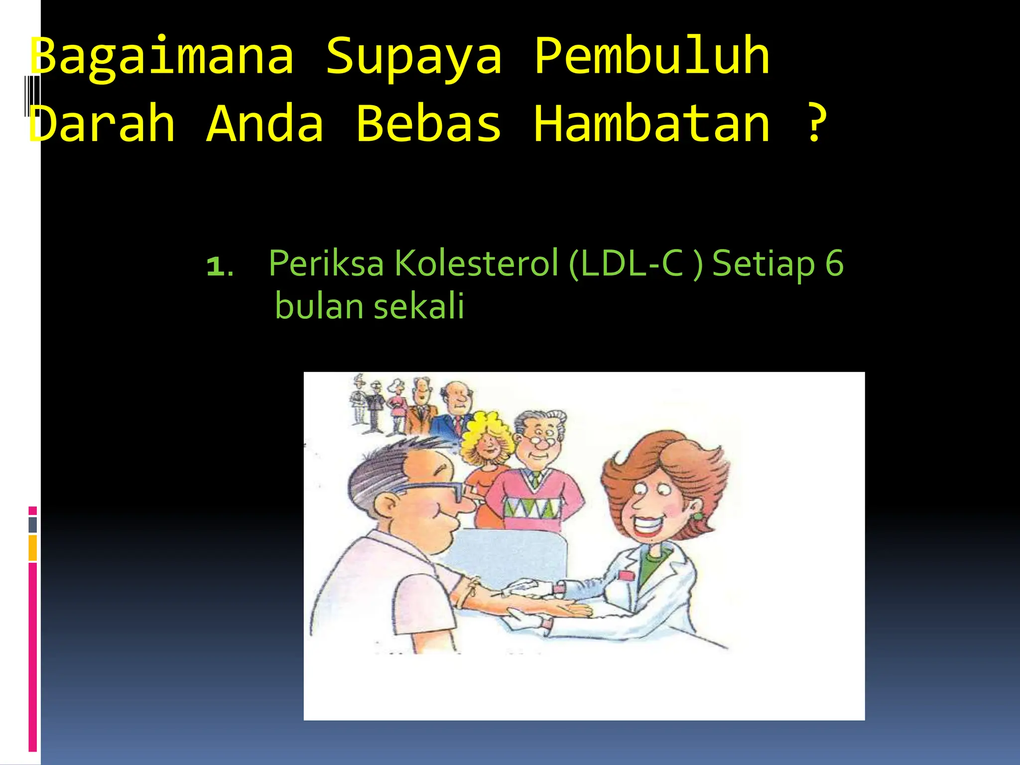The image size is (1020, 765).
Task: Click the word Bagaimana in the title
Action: coord(162,57)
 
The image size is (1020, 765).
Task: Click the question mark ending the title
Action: coord(815,123)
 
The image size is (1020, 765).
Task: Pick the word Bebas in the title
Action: coord(428,123)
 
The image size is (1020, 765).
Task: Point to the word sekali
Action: coord(419,306)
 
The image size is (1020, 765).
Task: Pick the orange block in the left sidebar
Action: coord(32,548)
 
